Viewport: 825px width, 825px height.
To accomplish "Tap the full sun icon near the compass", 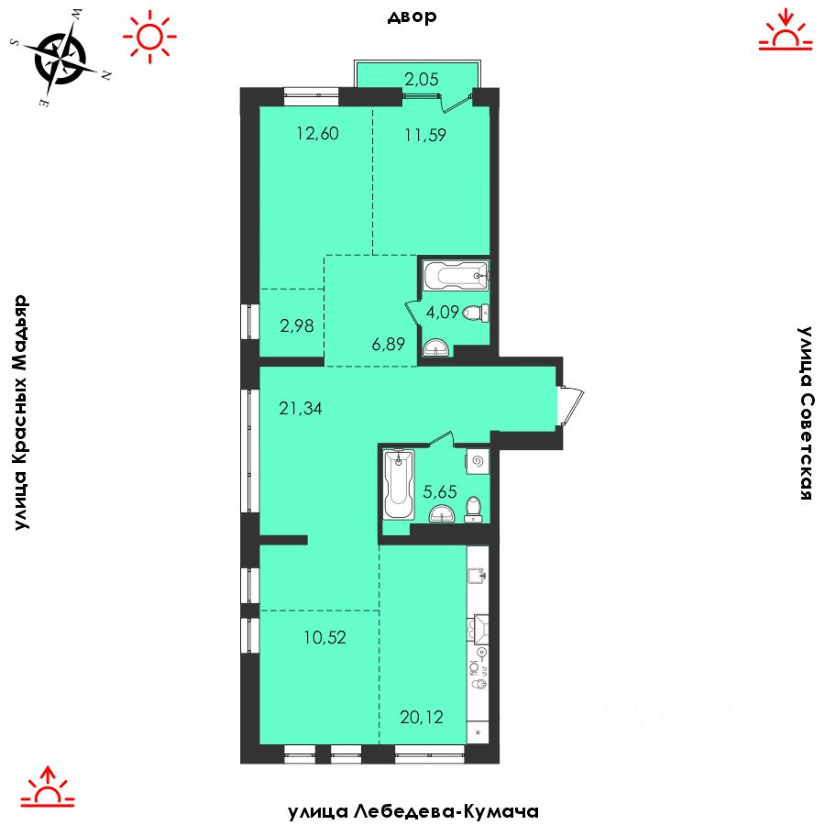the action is (x=150, y=37).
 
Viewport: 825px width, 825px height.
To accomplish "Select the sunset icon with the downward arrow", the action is (x=785, y=30).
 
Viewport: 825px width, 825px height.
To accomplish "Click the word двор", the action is (x=412, y=16).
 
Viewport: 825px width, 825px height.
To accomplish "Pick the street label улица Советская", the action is (x=805, y=412).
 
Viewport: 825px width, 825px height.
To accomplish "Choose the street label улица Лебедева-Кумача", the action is (x=413, y=811).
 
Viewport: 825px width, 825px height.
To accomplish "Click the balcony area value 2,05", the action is (x=421, y=79).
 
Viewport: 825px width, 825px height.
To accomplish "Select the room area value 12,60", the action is (x=317, y=133).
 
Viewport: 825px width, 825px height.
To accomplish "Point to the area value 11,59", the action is (x=425, y=135).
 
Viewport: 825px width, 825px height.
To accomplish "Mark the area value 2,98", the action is (x=297, y=325).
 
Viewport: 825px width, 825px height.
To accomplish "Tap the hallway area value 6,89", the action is (x=389, y=344).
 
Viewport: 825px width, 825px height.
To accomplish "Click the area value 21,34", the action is (x=301, y=408).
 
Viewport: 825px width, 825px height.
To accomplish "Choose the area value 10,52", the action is (x=324, y=637).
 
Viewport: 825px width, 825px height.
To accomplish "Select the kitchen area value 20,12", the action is (x=422, y=717).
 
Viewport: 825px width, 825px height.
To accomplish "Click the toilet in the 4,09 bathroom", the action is (x=476, y=313).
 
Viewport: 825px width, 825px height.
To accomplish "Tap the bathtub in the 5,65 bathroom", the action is (x=399, y=485).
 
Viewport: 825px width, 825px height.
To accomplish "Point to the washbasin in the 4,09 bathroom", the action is (x=435, y=347).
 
